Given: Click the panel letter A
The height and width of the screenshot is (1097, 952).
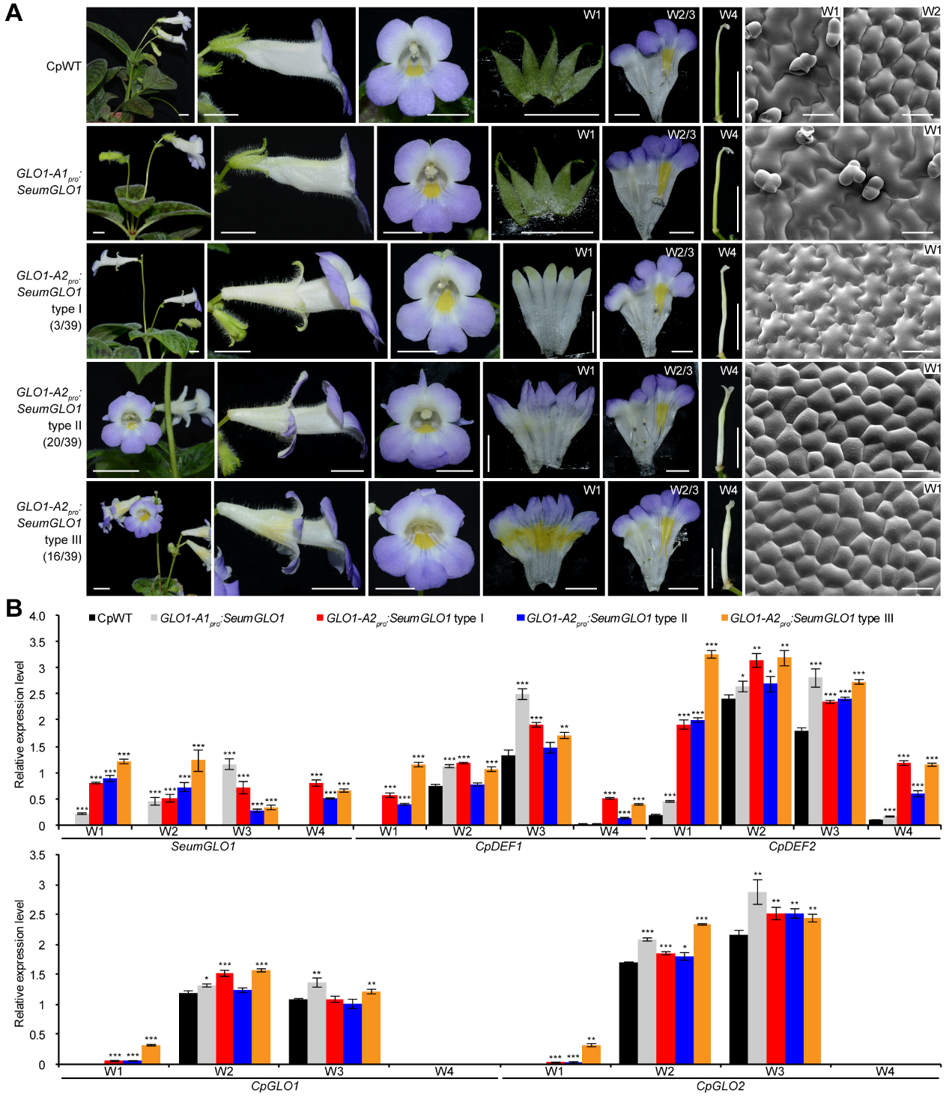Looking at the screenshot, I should [13, 13].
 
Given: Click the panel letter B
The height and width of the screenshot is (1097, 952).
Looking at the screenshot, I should [13, 608].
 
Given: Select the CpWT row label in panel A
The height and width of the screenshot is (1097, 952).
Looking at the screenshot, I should [64, 66].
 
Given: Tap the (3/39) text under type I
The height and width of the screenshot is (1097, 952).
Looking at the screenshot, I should [65, 325].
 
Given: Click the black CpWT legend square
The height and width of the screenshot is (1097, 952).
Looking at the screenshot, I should [92, 618].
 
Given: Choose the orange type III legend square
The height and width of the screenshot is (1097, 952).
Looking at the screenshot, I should [724, 618].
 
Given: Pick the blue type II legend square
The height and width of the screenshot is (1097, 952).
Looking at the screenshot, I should [521, 618].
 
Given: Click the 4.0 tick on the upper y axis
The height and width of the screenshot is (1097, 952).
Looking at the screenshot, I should [37, 616].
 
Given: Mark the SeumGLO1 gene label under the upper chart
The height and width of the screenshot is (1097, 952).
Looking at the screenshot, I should [204, 846].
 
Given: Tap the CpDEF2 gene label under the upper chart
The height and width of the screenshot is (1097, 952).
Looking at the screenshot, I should [792, 846].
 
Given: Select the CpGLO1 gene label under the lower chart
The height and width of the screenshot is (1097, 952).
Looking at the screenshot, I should [275, 1086].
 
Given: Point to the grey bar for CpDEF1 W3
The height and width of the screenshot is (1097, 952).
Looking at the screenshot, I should [522, 759].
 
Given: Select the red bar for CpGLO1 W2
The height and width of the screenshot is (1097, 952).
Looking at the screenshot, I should [225, 1018].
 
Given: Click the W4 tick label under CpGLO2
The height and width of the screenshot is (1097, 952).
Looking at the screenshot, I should [885, 1072].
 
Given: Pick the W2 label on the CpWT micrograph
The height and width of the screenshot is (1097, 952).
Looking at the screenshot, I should [930, 12].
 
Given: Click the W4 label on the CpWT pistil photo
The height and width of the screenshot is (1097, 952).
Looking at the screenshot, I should [728, 14].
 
